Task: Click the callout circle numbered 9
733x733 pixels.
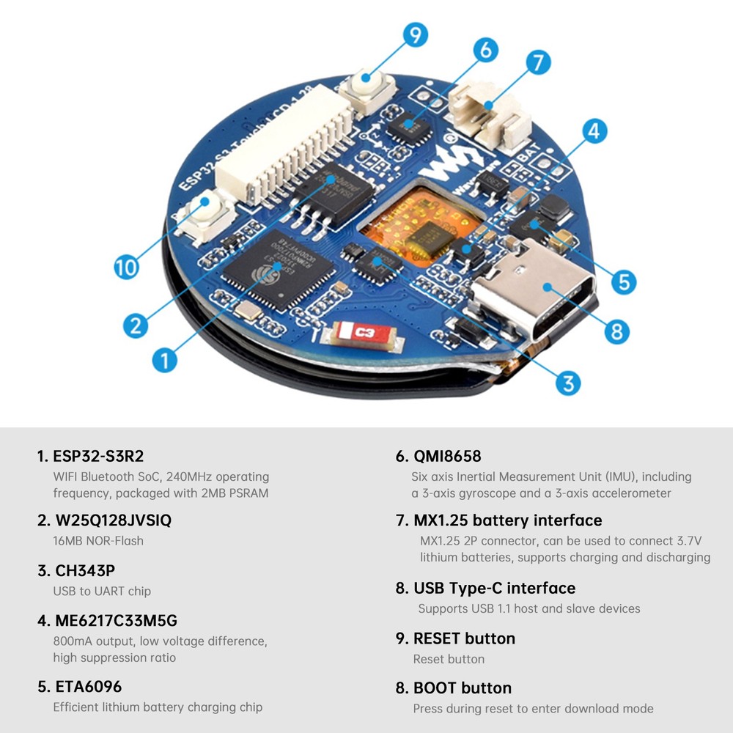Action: (415, 34)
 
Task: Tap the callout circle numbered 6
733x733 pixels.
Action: (485, 50)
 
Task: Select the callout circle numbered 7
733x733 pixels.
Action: (538, 62)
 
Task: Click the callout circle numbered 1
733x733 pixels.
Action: (165, 359)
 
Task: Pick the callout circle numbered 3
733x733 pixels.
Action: (568, 381)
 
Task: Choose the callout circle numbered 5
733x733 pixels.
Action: (622, 281)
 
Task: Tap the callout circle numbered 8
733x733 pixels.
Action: (616, 331)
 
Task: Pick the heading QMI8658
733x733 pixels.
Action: (438, 456)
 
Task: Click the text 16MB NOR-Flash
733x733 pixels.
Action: (98, 541)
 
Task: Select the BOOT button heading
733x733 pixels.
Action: (453, 688)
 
